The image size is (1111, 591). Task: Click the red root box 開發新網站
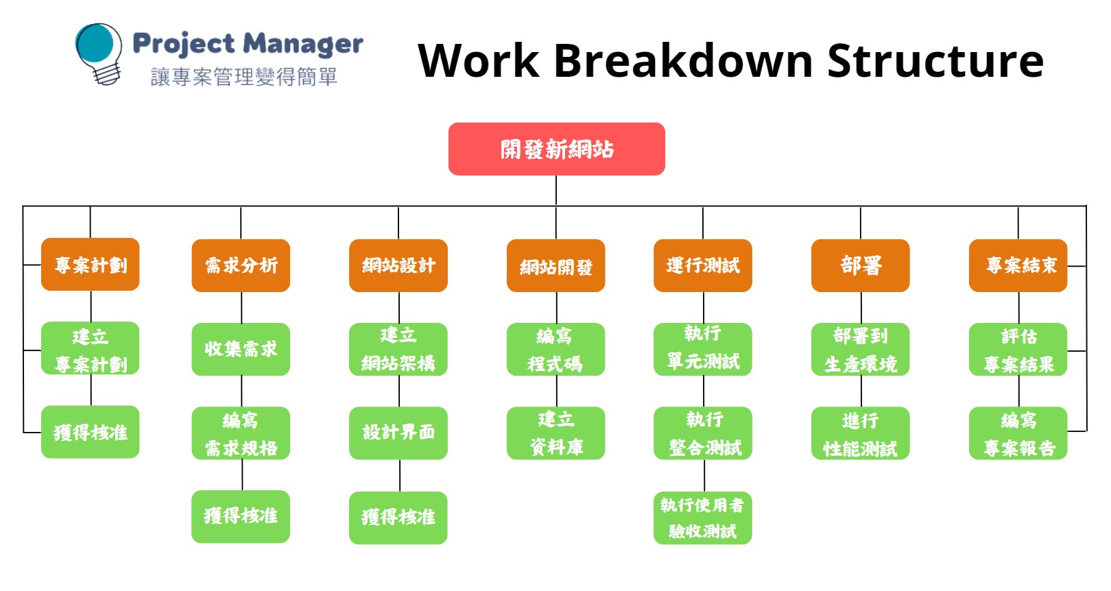(556, 149)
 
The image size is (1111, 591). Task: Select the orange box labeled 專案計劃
(90, 265)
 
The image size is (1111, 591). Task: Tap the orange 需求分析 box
(241, 265)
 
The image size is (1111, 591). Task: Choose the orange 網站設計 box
(398, 265)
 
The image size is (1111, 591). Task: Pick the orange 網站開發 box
(556, 266)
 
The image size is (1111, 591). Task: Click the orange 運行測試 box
(703, 265)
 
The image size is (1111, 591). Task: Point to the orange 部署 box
(861, 265)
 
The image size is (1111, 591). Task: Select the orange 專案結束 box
(1018, 265)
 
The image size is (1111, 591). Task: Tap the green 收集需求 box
(241, 349)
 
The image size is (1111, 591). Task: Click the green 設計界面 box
(398, 433)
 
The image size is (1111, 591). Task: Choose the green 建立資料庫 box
(556, 433)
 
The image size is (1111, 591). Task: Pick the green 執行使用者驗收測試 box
(703, 518)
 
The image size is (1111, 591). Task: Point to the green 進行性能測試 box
(861, 433)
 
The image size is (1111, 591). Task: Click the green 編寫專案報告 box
(1018, 433)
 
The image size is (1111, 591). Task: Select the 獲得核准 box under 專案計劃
(90, 432)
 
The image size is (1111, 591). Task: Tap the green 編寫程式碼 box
(556, 349)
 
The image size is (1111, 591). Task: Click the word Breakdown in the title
(683, 60)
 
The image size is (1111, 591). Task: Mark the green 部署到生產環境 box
(861, 349)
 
